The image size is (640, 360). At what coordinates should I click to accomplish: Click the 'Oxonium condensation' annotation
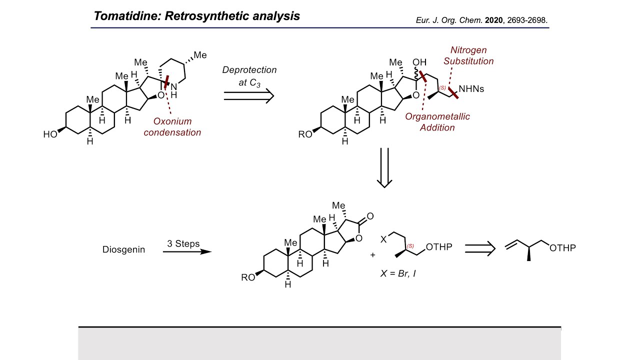172,127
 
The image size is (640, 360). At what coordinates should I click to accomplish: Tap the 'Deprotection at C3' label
249,76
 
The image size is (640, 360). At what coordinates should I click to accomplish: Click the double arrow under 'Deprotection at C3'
249,95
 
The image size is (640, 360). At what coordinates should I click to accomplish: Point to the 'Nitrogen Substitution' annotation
468,55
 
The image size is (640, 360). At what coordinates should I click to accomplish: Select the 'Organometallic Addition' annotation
437,122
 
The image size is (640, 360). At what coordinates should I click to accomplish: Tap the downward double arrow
384,167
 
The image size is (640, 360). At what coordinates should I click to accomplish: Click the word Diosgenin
123,249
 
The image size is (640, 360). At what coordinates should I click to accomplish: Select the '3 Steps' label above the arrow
183,244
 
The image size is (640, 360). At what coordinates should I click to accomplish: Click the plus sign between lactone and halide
372,255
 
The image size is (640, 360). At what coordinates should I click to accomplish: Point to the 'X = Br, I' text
398,274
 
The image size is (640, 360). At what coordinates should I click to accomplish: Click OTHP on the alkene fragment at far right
562,247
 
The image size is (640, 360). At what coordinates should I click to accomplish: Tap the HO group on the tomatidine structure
50,134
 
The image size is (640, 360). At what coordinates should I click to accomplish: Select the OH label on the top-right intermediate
419,62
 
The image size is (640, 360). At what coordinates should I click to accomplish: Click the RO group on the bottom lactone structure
248,277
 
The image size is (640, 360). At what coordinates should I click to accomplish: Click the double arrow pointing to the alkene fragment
480,247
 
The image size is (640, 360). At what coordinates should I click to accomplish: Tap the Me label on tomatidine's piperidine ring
200,54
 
